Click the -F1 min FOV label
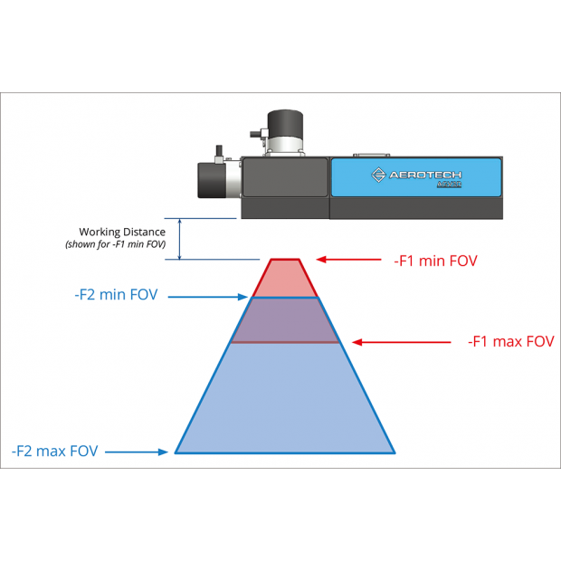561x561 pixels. (x=435, y=261)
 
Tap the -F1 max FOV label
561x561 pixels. (x=510, y=342)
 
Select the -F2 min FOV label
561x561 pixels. (x=115, y=295)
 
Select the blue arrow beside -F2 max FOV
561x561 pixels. (x=137, y=450)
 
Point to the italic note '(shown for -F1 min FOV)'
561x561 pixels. (x=115, y=245)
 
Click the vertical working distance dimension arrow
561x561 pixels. (x=180, y=239)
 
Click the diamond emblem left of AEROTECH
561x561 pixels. (x=379, y=174)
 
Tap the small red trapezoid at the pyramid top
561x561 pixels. (x=284, y=277)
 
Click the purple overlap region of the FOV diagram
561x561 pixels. (x=284, y=319)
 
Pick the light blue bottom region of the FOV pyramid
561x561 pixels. (x=284, y=398)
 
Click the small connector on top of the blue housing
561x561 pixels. (x=372, y=153)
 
